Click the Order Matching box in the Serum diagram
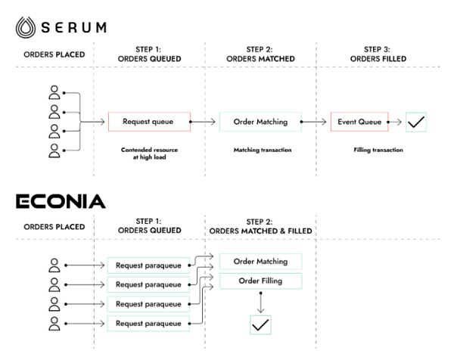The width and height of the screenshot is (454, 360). coord(260,121)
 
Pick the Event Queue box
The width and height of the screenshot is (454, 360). coord(359,121)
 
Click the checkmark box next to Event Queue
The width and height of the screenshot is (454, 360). coord(416,121)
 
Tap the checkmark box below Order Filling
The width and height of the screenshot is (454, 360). coord(260,325)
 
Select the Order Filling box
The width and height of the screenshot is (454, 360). coord(260,281)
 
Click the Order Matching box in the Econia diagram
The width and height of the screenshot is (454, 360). coord(260,262)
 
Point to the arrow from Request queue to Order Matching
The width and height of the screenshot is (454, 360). coord(203,121)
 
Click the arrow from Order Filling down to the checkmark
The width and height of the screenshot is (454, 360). coord(260,302)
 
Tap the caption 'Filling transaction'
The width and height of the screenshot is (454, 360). coord(378,150)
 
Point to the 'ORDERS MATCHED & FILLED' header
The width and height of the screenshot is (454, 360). coord(260,230)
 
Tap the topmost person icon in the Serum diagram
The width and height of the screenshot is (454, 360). coord(54,93)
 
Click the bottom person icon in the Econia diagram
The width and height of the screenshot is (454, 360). coord(54,324)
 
